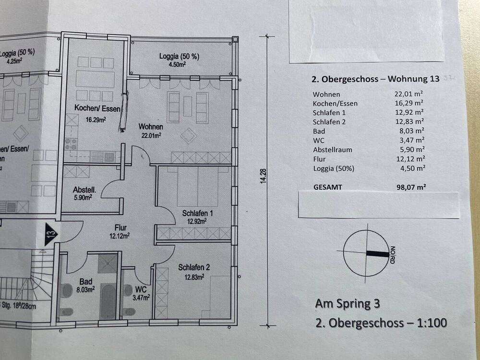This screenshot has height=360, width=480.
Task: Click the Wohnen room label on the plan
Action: [x=150, y=127]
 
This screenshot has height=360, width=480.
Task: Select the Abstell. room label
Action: [x=84, y=190]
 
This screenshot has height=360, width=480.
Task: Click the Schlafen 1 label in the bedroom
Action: [x=197, y=213]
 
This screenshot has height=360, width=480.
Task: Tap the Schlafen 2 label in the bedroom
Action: [x=194, y=268]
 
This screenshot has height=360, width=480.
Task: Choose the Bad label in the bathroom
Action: [x=87, y=282]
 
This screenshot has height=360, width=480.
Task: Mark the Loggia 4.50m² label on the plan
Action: [x=179, y=57]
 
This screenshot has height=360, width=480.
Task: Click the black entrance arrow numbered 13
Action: [x=51, y=234]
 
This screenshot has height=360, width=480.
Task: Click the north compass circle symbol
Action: [x=366, y=253]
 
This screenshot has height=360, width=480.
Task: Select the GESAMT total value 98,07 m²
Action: [x=410, y=187]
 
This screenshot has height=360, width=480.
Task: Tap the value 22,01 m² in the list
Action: [x=408, y=94]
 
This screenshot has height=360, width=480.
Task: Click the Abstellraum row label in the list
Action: [x=332, y=149]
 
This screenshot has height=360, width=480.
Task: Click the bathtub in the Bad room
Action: [x=108, y=300]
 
